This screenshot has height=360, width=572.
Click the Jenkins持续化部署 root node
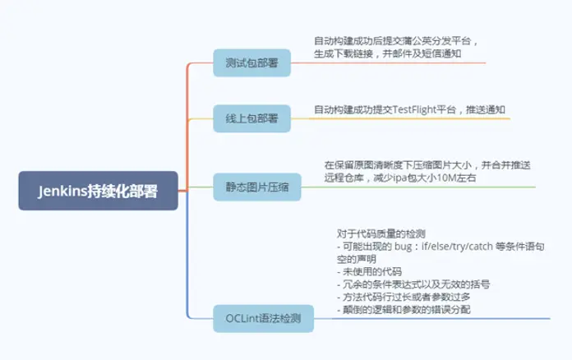pyautogui.click(x=98, y=191)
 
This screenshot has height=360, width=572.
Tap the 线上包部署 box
pyautogui.click(x=251, y=118)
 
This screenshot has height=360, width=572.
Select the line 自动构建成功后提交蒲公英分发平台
pyautogui.click(x=395, y=40)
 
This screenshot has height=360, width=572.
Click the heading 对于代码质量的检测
pyautogui.click(x=381, y=233)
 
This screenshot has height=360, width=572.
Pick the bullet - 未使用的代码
pyautogui.click(x=370, y=271)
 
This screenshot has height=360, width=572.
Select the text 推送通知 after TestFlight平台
pyautogui.click(x=486, y=109)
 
